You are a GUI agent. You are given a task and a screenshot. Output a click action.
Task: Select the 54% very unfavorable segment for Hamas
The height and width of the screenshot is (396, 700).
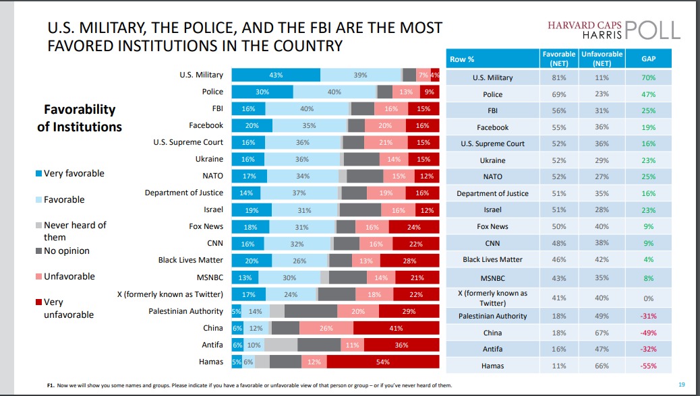pyautogui.click(x=383, y=361)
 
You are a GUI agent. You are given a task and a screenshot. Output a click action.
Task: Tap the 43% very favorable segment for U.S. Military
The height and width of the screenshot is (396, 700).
pyautogui.click(x=276, y=75)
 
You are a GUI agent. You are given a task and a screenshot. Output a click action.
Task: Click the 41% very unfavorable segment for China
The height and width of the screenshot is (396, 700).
pyautogui.click(x=396, y=328)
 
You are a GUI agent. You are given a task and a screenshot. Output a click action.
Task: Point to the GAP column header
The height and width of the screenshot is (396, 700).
pyautogui.click(x=649, y=59)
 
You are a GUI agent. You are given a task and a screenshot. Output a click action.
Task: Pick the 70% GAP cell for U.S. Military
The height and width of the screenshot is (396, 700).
pyautogui.click(x=649, y=77)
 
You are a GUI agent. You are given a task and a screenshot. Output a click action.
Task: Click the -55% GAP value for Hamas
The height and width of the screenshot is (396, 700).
pyautogui.click(x=649, y=366)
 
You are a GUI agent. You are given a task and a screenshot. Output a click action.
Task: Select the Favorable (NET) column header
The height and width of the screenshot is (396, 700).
pyautogui.click(x=558, y=59)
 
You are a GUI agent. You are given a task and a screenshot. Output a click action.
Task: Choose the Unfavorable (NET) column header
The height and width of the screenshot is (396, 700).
pyautogui.click(x=602, y=59)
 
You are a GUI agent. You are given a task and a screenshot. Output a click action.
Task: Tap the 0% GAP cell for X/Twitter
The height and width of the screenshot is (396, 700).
pyautogui.click(x=649, y=298)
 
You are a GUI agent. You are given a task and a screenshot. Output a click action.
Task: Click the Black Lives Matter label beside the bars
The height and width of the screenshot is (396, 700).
pyautogui.click(x=190, y=259)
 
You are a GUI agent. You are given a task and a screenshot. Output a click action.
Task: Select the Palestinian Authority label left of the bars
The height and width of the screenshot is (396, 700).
pyautogui.click(x=185, y=311)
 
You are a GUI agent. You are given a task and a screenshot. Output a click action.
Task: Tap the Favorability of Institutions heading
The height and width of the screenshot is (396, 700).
pyautogui.click(x=80, y=118)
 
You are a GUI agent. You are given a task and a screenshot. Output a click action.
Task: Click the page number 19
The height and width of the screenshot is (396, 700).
pyautogui.click(x=682, y=385)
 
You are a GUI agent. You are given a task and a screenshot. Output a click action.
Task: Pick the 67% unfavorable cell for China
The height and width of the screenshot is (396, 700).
pyautogui.click(x=602, y=333)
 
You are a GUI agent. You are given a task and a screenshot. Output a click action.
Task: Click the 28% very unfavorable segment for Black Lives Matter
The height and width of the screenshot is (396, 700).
pyautogui.click(x=409, y=261)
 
